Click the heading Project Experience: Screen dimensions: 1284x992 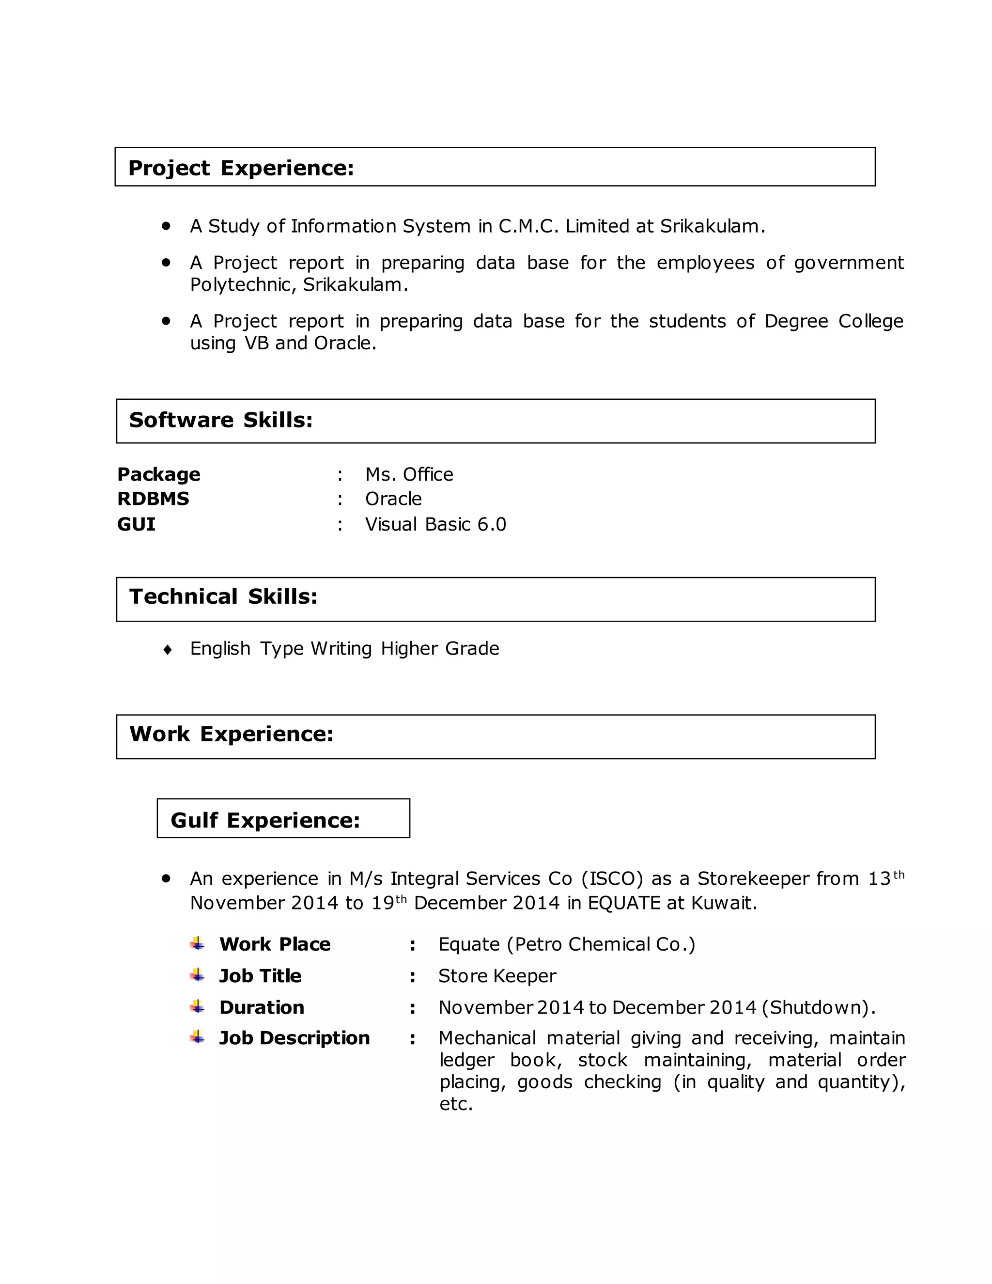coord(241,168)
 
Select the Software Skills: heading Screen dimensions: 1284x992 coord(220,420)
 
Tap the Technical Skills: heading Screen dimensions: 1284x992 coord(223,597)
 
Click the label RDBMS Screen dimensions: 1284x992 coord(153,499)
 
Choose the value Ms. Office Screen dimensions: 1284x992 coord(409,474)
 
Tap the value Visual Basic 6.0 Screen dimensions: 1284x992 coord(435,524)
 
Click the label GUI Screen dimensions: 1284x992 coord(136,524)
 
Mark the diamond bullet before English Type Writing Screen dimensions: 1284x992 coord(168,650)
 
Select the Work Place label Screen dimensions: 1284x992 coord(275,945)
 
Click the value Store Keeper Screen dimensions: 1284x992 coord(496,976)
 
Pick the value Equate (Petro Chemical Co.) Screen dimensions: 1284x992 coord(566,945)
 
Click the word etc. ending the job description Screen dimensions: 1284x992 coord(456,1104)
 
